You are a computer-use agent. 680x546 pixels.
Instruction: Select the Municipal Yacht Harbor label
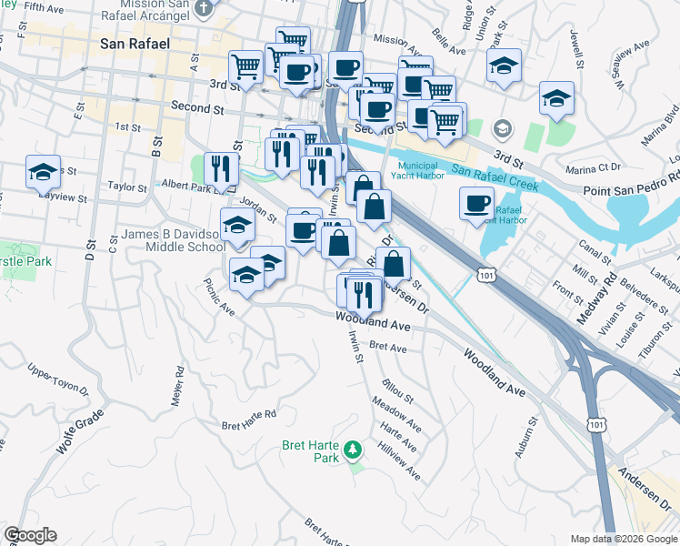coord(420,170)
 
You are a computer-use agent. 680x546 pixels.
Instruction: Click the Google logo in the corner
coord(29,535)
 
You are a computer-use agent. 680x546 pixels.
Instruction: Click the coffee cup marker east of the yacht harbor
coord(476,204)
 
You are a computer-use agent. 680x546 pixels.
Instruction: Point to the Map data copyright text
coord(623,538)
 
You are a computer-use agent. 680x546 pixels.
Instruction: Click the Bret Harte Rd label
coord(248,420)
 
